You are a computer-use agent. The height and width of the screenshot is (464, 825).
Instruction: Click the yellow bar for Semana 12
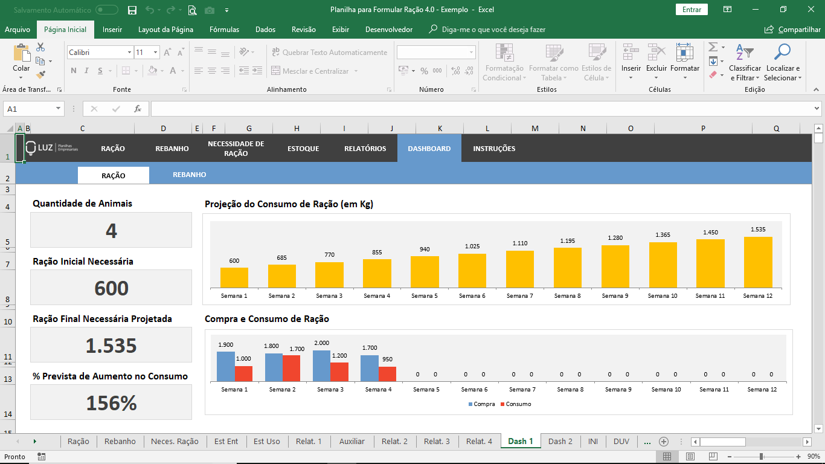[758, 262]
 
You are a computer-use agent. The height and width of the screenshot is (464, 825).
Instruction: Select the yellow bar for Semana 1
[234, 277]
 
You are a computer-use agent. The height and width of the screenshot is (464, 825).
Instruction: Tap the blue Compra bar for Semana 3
[321, 366]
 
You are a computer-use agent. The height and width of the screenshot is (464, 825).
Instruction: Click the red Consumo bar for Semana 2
[291, 368]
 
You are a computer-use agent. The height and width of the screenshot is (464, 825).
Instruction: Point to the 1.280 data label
[615, 237]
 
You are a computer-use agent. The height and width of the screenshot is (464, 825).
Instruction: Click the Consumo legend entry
[516, 404]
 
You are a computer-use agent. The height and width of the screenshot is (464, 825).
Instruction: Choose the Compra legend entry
[481, 404]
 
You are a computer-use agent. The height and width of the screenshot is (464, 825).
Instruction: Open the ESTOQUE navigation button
[303, 149]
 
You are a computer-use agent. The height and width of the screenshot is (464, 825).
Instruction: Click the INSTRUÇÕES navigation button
[494, 149]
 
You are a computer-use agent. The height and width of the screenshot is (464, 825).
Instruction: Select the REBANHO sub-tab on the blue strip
[189, 175]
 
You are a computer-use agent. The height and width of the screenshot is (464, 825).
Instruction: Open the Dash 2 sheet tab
[560, 441]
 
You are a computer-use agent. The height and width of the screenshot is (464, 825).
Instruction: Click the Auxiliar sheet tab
[352, 441]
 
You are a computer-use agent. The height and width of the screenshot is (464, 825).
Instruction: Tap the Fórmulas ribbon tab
[224, 30]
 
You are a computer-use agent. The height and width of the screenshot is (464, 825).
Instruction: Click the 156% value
[111, 403]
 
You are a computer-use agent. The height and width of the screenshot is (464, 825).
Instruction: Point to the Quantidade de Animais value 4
[111, 231]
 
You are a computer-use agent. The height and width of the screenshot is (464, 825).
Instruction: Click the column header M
[534, 128]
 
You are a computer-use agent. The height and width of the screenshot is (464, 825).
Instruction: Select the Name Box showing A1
[33, 109]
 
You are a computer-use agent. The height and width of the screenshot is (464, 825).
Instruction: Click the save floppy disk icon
[132, 10]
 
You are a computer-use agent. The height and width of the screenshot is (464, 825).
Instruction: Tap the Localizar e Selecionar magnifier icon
[782, 52]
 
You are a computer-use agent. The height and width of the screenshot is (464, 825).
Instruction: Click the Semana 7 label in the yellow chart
[519, 295]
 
